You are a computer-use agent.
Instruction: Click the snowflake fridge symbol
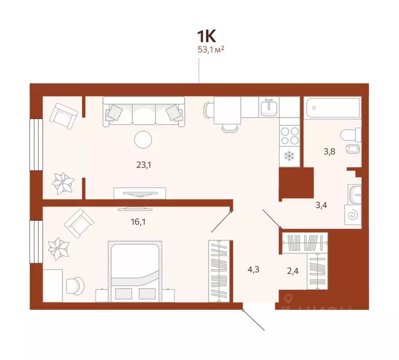pos(289,155)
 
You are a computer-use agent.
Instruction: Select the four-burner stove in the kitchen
pos(289,135)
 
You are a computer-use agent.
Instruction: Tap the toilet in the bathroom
pos(351,135)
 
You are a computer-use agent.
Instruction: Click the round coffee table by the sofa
pos(143,139)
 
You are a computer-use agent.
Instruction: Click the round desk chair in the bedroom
pos(75,285)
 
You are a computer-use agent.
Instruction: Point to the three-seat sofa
pos(144,111)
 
